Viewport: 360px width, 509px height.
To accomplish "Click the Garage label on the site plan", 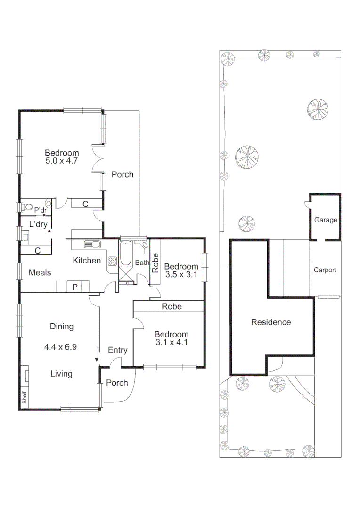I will [326, 220].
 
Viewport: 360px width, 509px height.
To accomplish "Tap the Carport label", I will [325, 270].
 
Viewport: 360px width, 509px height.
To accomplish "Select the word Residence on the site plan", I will [271, 322].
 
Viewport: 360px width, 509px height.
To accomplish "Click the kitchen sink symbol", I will [92, 245].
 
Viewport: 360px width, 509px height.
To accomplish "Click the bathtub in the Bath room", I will [126, 254].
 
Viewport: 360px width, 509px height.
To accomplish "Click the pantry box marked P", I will [75, 287].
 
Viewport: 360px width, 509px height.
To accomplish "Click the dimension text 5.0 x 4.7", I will [61, 160].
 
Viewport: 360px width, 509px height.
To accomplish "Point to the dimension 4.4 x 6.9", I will [61, 347].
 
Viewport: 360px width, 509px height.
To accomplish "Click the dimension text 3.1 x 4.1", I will [172, 343].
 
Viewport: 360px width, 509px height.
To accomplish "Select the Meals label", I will [40, 272].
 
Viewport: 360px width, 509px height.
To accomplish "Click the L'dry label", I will [38, 224].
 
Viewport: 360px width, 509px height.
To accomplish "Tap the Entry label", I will [117, 350].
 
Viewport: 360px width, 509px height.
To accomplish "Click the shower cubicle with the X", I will [126, 273].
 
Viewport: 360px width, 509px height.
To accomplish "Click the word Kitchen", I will [86, 260].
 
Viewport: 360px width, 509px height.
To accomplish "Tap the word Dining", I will [62, 326].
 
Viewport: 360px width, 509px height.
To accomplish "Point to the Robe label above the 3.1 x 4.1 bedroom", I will [172, 306].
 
